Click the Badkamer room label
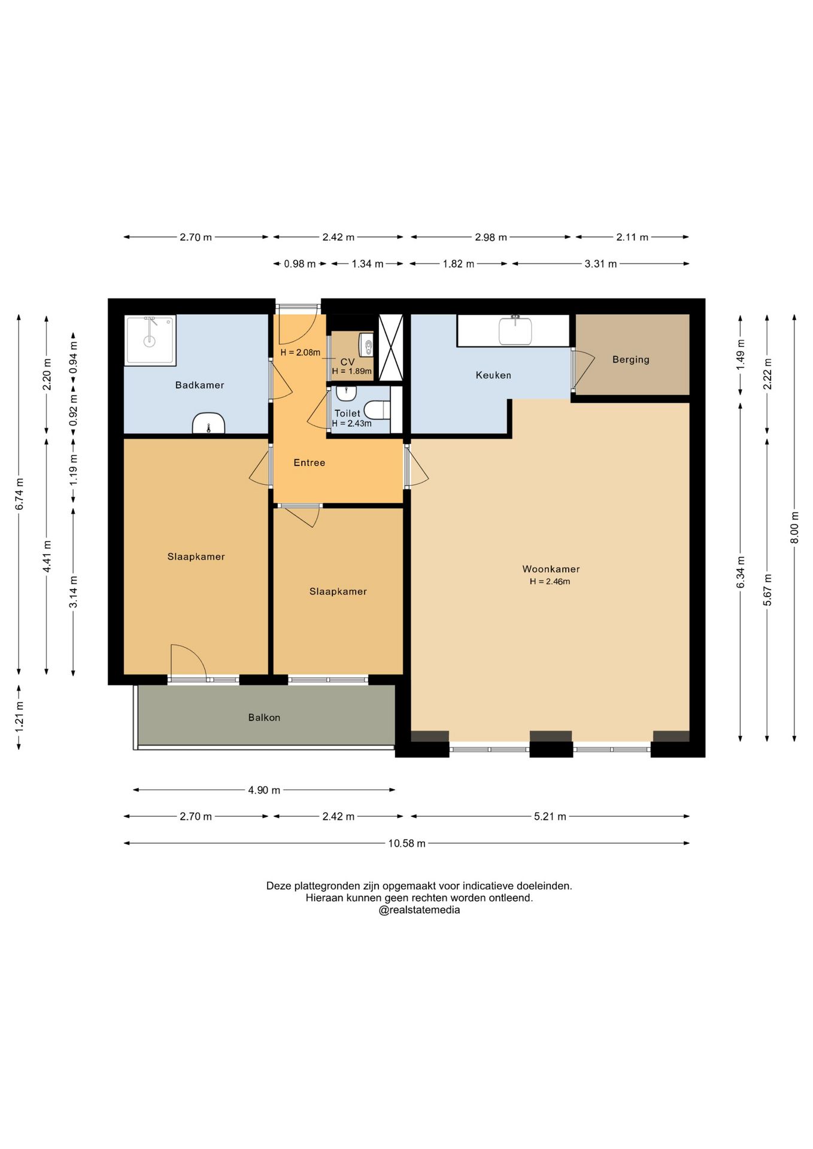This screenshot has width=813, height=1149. pos(199,385)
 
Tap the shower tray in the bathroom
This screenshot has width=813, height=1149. pos(150,340)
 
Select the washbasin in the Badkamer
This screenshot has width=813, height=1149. pos(208,423)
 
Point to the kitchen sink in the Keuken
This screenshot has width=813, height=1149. pos(515,330)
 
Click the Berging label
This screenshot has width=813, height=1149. pos(630,360)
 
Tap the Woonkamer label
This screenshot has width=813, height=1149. pos(551,569)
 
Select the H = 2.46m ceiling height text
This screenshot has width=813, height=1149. pos(550,582)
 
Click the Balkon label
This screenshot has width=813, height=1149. pos(264,718)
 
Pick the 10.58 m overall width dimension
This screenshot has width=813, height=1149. pos(406,843)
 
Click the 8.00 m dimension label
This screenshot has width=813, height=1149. pos(794,528)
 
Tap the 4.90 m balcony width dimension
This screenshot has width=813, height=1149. pos(264,790)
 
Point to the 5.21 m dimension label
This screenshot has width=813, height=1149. pos(550,816)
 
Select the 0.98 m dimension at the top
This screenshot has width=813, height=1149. pos(299,264)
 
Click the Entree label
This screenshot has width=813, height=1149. pos(309,463)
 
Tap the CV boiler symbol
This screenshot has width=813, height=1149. pos(366,345)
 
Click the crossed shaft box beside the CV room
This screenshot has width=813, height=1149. pos(391,348)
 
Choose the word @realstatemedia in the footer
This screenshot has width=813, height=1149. pos(419,910)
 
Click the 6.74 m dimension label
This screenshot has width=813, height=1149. pos(19,494)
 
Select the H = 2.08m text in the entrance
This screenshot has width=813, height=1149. pos(300,352)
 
